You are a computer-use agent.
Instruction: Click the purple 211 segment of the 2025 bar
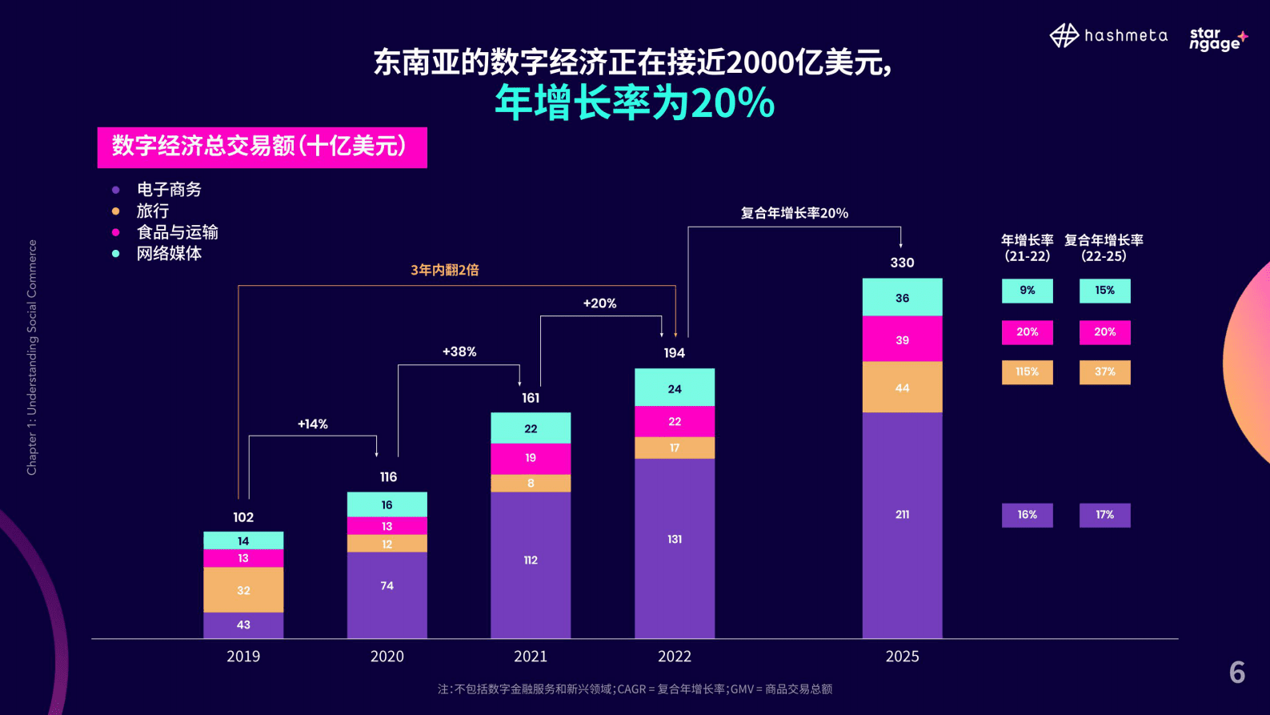click(x=902, y=515)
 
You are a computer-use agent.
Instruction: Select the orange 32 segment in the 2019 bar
click(x=243, y=590)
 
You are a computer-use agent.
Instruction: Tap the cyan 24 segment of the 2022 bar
click(x=675, y=389)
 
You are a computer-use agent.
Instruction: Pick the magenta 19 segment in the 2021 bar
click(x=531, y=458)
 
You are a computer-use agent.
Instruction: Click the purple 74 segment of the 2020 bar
click(x=387, y=586)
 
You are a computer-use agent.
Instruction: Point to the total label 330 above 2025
click(x=902, y=263)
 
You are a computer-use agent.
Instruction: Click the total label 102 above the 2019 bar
click(x=243, y=517)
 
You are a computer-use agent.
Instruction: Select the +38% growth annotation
click(x=459, y=351)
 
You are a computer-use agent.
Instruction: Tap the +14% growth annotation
click(x=313, y=424)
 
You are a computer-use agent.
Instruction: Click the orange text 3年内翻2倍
click(x=445, y=270)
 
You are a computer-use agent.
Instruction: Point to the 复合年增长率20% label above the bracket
click(x=794, y=213)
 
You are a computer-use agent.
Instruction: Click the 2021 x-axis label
click(x=531, y=657)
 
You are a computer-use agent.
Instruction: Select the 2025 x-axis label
click(x=902, y=657)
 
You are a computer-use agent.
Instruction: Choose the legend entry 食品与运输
click(x=177, y=232)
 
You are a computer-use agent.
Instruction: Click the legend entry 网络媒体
click(x=169, y=254)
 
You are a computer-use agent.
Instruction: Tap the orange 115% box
click(x=1027, y=372)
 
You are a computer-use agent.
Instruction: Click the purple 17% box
click(x=1104, y=515)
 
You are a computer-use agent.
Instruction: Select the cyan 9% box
click(x=1027, y=291)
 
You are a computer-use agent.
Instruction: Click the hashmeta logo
click(x=1108, y=36)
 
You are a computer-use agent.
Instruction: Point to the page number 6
click(x=1236, y=672)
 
